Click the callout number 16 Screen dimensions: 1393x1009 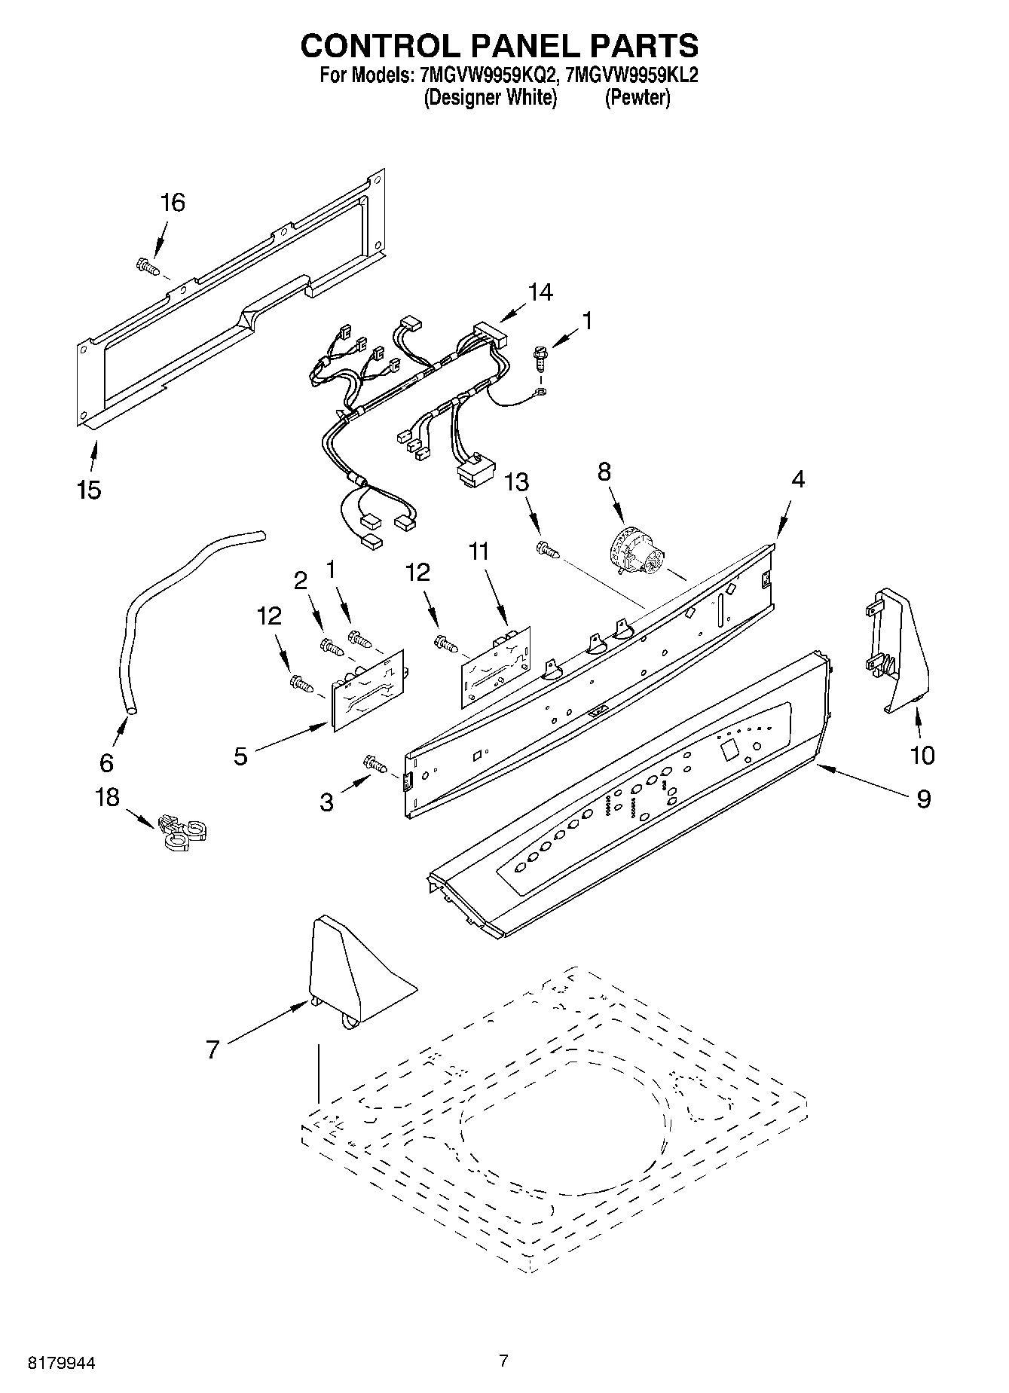[x=173, y=203]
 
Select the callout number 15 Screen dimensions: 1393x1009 [x=89, y=490]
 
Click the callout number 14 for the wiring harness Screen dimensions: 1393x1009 [x=540, y=292]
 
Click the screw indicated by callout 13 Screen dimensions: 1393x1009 [x=548, y=551]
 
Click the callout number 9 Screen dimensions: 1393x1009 [x=923, y=799]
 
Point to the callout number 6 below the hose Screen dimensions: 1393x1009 [x=106, y=762]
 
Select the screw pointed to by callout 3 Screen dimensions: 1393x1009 [x=375, y=763]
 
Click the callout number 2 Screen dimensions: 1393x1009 [x=301, y=580]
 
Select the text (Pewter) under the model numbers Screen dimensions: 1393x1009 [x=637, y=98]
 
